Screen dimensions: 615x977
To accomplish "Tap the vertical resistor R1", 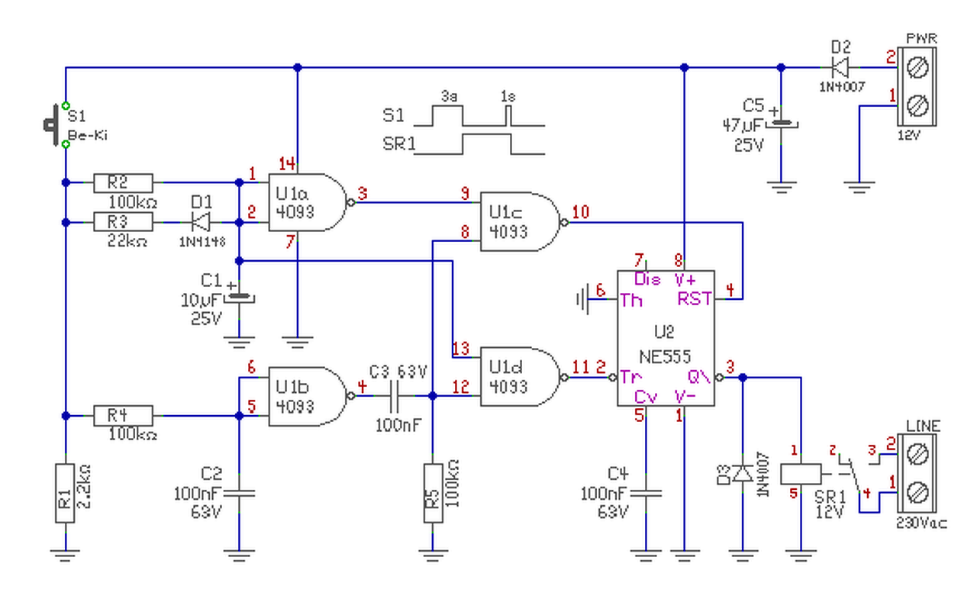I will point(66,492).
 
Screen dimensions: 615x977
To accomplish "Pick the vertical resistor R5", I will point(433,492).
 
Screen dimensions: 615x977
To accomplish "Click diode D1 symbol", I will point(201,222).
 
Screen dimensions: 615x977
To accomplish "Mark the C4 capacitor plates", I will point(646,493).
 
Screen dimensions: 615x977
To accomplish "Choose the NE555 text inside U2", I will point(666,354).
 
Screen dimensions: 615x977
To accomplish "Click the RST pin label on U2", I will point(694,299).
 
